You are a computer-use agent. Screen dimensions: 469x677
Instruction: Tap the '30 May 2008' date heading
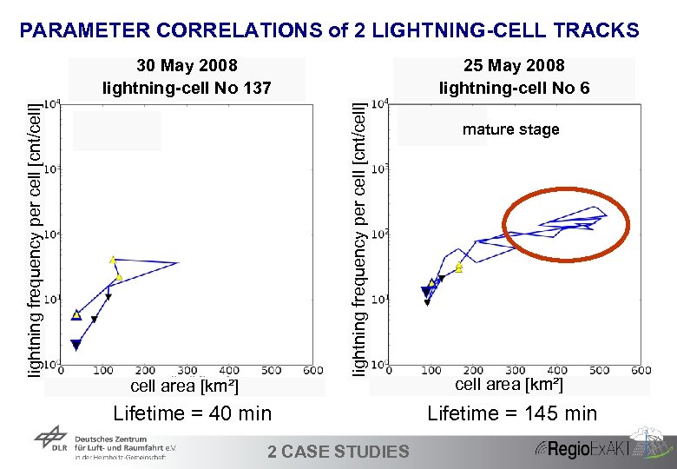(187, 66)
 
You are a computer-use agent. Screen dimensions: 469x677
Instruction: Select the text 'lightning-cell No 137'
(187, 87)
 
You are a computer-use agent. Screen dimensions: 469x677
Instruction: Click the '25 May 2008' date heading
(514, 66)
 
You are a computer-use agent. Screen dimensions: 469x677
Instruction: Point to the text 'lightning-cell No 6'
(514, 87)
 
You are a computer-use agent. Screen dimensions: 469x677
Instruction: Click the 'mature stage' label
(510, 130)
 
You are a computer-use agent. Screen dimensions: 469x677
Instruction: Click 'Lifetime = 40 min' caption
(193, 413)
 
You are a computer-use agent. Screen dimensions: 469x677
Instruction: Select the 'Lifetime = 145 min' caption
(512, 413)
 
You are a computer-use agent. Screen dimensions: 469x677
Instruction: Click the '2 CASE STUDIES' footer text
(338, 451)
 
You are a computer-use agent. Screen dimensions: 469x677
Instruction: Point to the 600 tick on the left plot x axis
(312, 371)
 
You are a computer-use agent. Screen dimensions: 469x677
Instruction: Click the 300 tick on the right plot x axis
(516, 370)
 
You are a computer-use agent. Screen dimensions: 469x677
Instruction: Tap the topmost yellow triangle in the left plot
(113, 259)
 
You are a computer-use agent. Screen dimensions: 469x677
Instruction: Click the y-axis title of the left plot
(33, 239)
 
